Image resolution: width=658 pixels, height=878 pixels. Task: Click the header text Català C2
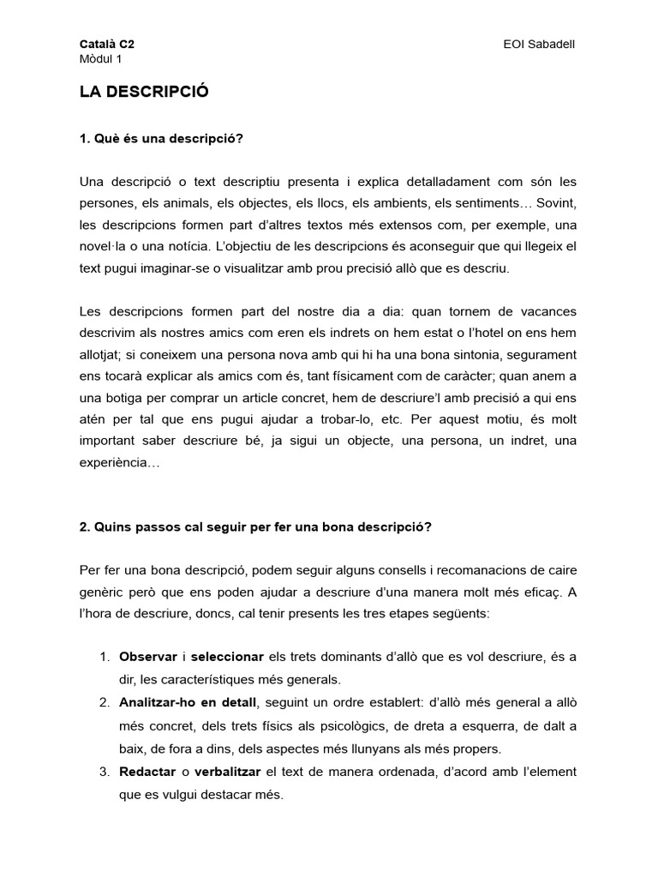pyautogui.click(x=106, y=44)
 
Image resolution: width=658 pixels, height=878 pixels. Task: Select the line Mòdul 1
pyautogui.click(x=100, y=59)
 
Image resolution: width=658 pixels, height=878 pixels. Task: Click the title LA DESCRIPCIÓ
pyautogui.click(x=144, y=93)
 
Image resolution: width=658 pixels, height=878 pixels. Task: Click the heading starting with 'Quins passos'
pyautogui.click(x=255, y=526)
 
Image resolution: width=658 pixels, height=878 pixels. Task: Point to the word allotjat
pyautogui.click(x=102, y=354)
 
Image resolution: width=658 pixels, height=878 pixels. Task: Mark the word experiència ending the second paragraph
pyautogui.click(x=119, y=463)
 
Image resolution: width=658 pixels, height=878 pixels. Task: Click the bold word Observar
pyautogui.click(x=147, y=658)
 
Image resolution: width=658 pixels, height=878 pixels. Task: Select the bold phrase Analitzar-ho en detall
pyautogui.click(x=188, y=703)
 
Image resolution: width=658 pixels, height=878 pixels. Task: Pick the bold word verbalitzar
pyautogui.click(x=229, y=772)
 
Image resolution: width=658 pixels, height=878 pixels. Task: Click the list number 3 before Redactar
pyautogui.click(x=103, y=772)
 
